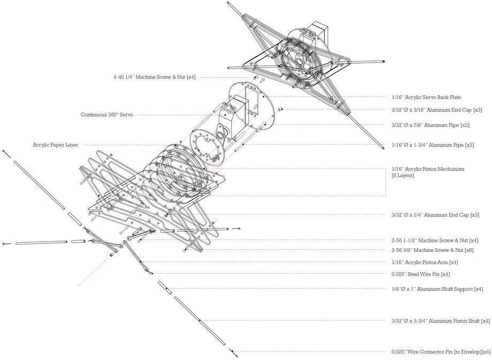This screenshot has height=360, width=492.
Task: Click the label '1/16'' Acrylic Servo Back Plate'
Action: pyautogui.click(x=426, y=97)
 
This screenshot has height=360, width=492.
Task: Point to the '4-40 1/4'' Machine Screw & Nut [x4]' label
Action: pyautogui.click(x=155, y=77)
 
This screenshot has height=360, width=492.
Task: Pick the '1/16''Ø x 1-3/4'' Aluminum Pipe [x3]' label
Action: pyautogui.click(x=433, y=145)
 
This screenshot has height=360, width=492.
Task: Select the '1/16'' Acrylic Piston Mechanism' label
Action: pyautogui.click(x=428, y=169)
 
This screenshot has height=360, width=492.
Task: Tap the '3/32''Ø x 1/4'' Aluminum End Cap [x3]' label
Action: pyautogui.click(x=435, y=215)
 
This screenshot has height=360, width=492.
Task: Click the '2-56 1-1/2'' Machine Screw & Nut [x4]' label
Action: pyautogui.click(x=435, y=240)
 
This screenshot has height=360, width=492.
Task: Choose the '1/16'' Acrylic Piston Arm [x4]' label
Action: pyautogui.click(x=425, y=263)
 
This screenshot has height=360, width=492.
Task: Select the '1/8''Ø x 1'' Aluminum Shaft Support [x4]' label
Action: pyautogui.click(x=437, y=289)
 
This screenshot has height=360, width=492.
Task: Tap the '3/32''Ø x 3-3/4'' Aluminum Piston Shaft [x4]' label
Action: pyautogui.click(x=440, y=321)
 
